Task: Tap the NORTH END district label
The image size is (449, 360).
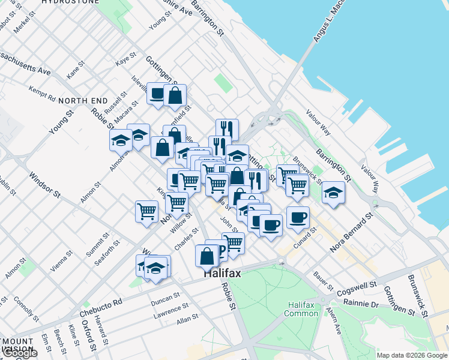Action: (83, 100)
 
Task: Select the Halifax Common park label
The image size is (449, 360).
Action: (301, 309)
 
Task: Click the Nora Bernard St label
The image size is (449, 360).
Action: (351, 232)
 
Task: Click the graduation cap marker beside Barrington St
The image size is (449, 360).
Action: (333, 193)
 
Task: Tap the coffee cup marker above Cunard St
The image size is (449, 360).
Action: (298, 217)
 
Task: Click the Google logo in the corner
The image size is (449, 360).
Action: (19, 353)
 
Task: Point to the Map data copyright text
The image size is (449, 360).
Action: (412, 355)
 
